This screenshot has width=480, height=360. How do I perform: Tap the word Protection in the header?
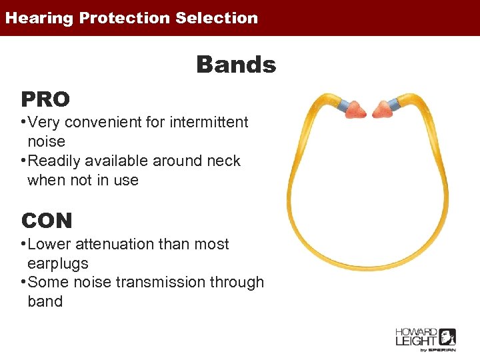point(125,18)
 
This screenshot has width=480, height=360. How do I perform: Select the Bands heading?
point(235,65)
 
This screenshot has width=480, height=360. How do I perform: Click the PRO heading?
point(45,99)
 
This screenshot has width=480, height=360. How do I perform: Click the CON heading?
point(47,221)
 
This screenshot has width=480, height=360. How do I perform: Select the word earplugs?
point(58,263)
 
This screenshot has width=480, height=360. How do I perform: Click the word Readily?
point(57,161)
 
